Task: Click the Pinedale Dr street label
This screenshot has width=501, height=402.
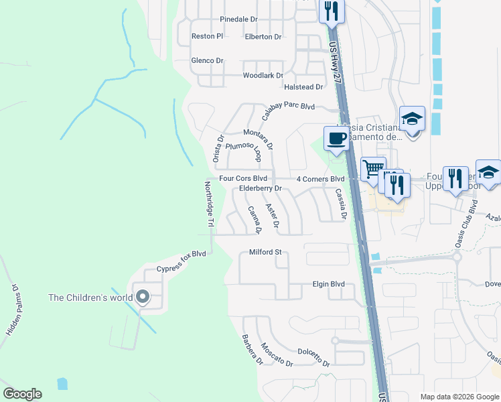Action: pyautogui.click(x=238, y=19)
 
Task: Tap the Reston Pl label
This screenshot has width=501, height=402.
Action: pyautogui.click(x=207, y=36)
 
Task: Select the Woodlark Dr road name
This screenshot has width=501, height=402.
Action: pyautogui.click(x=263, y=76)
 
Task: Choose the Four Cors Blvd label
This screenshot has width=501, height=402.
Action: pyautogui.click(x=243, y=179)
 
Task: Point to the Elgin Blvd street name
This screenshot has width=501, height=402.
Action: pyautogui.click(x=328, y=284)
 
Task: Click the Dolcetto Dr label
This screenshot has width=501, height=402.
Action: pyautogui.click(x=314, y=356)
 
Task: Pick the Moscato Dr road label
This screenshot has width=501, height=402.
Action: pyautogui.click(x=277, y=354)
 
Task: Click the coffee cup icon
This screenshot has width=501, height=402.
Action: pyautogui.click(x=336, y=139)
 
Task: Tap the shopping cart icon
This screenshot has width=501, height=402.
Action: pyautogui.click(x=373, y=169)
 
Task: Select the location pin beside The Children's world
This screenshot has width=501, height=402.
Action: pyautogui.click(x=142, y=297)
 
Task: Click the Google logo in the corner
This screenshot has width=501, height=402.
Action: pyautogui.click(x=22, y=394)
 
